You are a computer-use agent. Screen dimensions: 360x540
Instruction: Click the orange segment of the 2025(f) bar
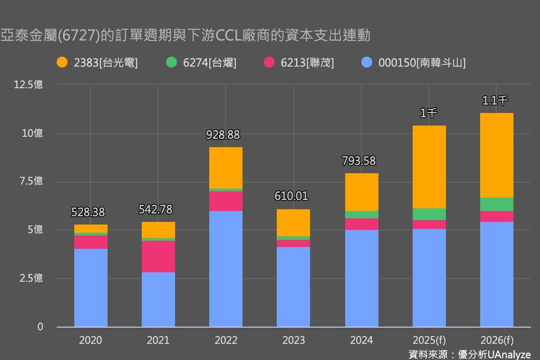coord(429,166)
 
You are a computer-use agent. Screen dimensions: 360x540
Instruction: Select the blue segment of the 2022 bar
coord(226,269)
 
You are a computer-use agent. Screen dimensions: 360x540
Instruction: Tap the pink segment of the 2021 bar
coord(158,256)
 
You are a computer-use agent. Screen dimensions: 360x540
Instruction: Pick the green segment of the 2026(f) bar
coord(496,204)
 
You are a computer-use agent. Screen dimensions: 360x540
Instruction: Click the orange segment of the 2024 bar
coord(361,192)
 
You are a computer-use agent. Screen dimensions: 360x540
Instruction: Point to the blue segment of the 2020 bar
coord(91,288)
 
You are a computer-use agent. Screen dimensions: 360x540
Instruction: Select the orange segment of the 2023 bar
coord(293,223)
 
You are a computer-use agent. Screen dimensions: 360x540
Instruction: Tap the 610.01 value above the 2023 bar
coord(292,196)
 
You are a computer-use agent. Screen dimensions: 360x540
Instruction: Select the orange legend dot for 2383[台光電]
coord(62,63)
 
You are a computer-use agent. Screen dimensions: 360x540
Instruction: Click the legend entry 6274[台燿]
coord(209,63)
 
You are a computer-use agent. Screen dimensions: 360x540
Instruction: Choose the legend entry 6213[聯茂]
coord(307,63)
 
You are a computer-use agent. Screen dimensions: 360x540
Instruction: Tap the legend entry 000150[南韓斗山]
coord(422,63)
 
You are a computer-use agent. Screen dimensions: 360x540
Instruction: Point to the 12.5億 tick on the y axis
coord(29,85)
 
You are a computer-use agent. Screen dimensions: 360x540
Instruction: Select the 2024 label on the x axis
coord(361,340)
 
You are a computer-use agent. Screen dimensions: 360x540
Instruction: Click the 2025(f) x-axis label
coord(429,340)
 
